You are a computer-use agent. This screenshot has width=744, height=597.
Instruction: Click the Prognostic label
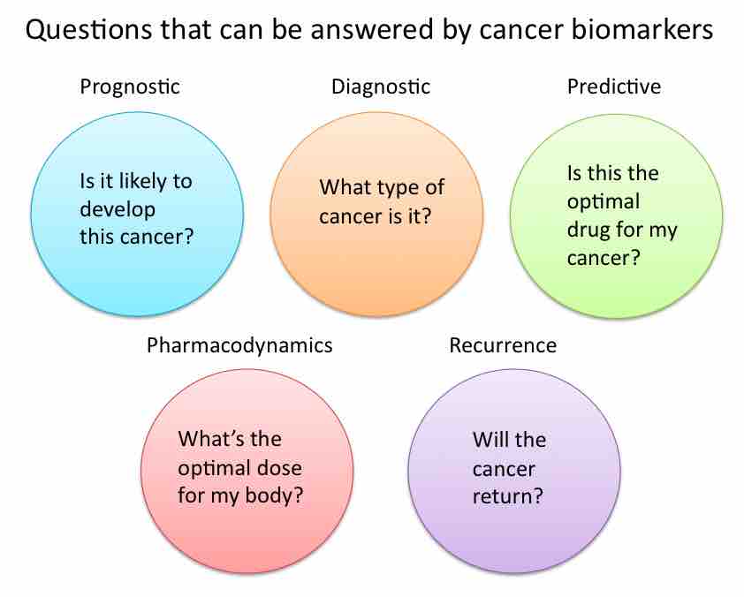tap(130, 87)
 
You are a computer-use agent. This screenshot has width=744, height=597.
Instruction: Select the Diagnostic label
tap(380, 87)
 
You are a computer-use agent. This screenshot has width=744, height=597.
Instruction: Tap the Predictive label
tap(613, 87)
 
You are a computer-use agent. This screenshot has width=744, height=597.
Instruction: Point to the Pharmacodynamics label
tap(239, 345)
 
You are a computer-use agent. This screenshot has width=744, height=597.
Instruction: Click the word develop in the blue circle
tap(117, 210)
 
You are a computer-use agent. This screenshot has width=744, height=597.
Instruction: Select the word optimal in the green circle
tap(602, 201)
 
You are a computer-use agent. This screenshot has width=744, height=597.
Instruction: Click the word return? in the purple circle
tap(507, 495)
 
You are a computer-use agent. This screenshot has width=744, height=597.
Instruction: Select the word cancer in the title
tap(517, 33)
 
